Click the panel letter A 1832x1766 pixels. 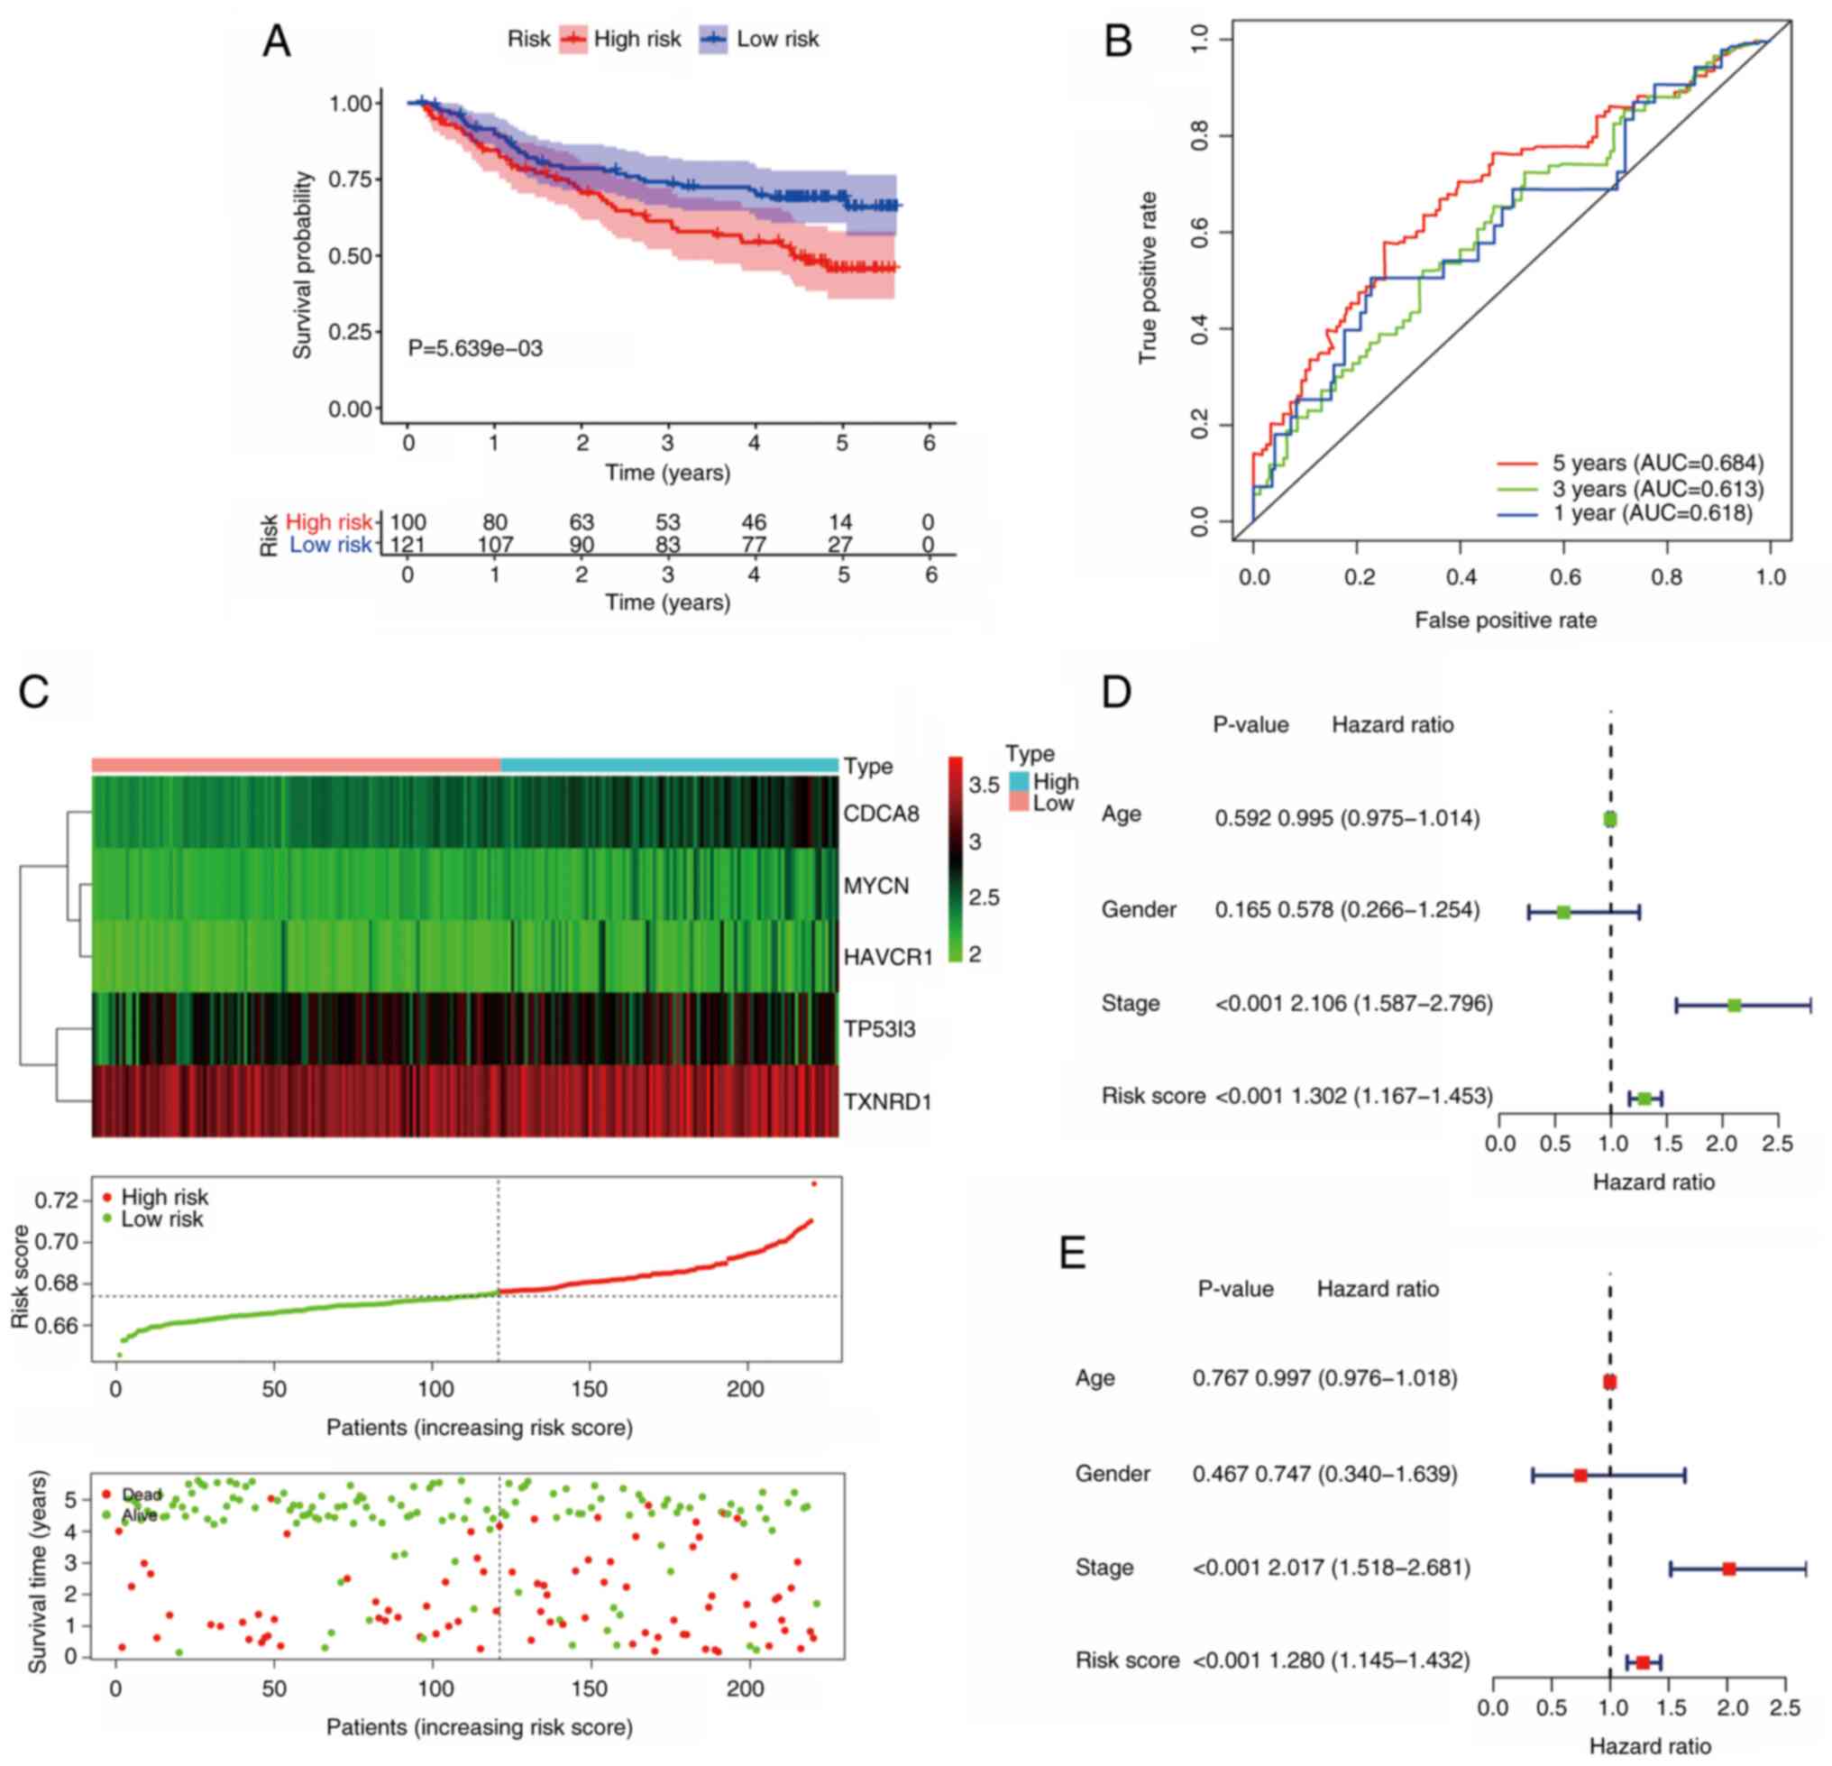click(276, 41)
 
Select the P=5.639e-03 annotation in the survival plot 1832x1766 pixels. click(475, 349)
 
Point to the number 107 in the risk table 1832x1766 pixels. click(494, 545)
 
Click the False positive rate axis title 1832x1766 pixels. click(1505, 620)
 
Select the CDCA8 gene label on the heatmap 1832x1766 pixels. click(881, 814)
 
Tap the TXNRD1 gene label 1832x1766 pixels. click(887, 1102)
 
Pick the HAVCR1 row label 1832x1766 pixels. click(887, 957)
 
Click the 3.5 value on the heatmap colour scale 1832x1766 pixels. click(984, 785)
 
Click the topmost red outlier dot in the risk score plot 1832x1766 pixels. click(814, 1183)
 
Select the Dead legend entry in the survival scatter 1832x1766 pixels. click(141, 1495)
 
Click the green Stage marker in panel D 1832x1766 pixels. click(1734, 1006)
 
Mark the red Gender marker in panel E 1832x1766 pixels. click(1580, 1476)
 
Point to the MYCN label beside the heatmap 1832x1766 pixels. click(875, 886)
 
